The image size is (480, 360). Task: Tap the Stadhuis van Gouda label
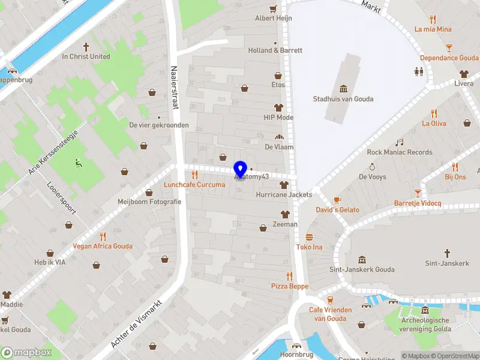[343, 99]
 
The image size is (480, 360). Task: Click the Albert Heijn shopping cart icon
[274, 8]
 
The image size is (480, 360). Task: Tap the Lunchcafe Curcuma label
[195, 185]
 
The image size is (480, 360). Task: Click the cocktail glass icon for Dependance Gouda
[449, 47]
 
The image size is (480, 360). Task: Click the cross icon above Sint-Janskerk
[447, 253]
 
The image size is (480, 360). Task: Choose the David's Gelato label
[338, 210]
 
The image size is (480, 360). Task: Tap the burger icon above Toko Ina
[310, 237]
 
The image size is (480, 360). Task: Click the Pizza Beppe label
[289, 287]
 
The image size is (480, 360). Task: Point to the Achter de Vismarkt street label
[137, 325]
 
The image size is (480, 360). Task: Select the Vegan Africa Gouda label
[103, 246]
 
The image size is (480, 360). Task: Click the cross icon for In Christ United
[86, 46]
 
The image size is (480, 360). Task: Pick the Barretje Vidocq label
[418, 203]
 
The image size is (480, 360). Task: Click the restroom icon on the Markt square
[419, 71]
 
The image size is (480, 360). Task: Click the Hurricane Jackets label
[284, 195]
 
